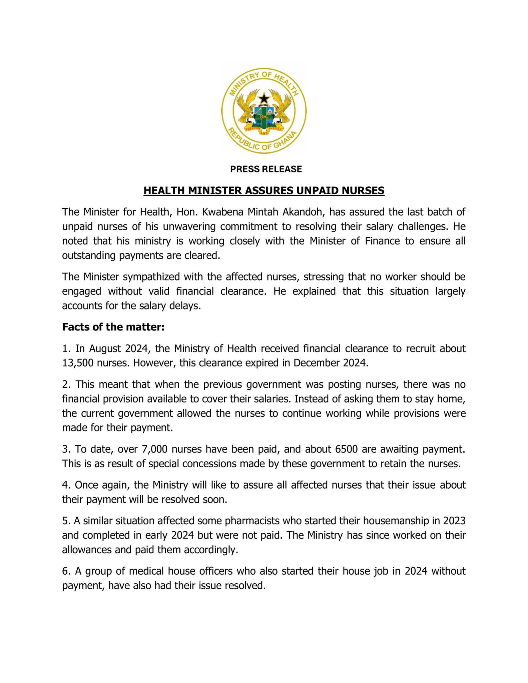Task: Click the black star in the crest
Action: click(264, 98)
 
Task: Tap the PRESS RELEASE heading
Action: click(266, 169)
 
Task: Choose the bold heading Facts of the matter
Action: click(113, 327)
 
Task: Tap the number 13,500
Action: click(78, 363)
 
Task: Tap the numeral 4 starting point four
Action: click(65, 485)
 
